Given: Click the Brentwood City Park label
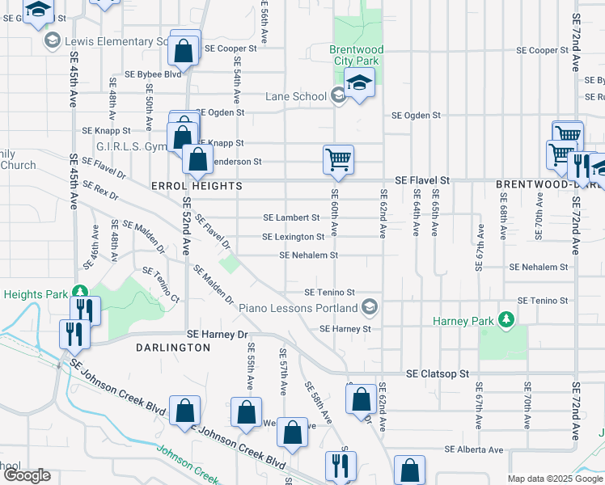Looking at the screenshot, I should coord(357,55).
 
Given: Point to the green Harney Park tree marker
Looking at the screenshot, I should coord(506,320).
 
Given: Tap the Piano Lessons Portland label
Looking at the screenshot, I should coord(298,308).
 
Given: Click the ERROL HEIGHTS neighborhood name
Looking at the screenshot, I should coord(197,186).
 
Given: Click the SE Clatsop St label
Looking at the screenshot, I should coord(438,374).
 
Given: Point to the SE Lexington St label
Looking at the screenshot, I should coord(293,237).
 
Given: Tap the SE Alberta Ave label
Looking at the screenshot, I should coord(473,449).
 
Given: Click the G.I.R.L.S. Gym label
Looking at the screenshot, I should coord(130,146).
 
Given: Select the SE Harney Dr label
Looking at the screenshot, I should coord(216,333).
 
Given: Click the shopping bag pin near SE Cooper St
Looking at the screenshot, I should coord(184,52).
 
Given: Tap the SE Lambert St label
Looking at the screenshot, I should coord(292,217).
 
